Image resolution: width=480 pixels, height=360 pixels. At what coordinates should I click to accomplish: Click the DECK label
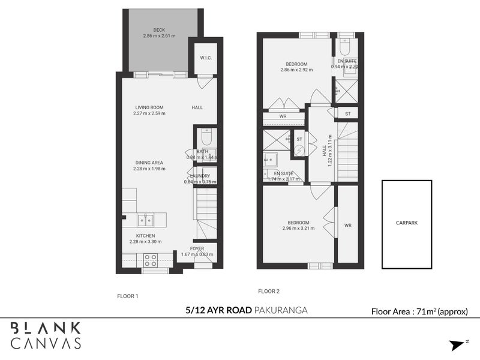(x=159, y=30)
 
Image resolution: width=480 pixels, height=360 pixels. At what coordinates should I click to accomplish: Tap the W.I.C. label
(x=205, y=58)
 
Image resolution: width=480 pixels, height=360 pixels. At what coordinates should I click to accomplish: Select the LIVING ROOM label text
(x=149, y=107)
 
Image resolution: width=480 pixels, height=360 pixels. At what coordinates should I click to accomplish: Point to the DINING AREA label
(x=149, y=163)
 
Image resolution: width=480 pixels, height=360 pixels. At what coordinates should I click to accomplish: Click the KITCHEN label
(x=145, y=236)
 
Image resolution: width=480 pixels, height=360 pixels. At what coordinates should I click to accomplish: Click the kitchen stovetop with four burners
(x=150, y=260)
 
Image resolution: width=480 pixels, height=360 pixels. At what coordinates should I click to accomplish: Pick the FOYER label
(x=197, y=248)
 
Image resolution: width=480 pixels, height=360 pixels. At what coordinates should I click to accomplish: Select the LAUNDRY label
(x=200, y=176)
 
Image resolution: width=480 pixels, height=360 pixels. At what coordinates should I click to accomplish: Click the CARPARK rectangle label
(x=407, y=223)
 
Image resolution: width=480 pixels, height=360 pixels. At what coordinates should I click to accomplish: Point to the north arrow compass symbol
(x=459, y=344)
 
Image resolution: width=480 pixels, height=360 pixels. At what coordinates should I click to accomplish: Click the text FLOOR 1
(x=127, y=296)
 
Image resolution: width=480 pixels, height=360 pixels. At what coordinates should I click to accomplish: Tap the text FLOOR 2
(x=269, y=291)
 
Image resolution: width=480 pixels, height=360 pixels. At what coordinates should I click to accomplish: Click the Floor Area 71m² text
(x=424, y=311)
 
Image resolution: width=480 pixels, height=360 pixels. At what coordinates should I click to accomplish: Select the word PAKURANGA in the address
(x=281, y=310)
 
